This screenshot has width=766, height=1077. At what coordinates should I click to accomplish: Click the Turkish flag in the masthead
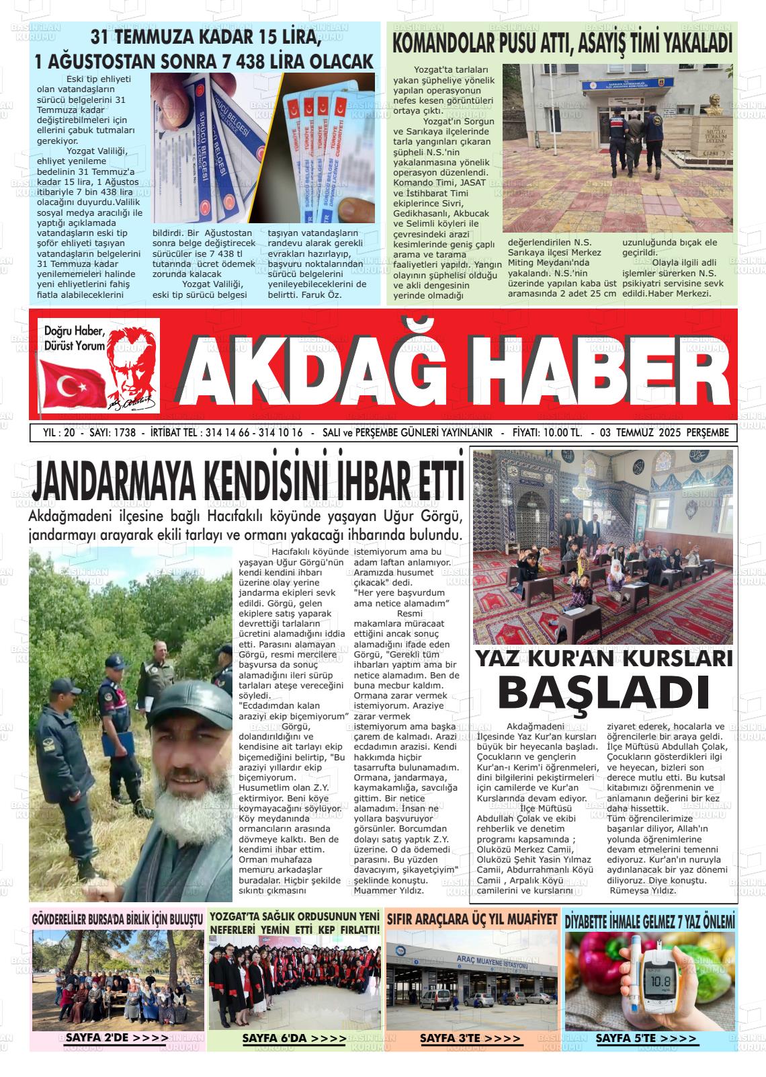pyautogui.click(x=67, y=385)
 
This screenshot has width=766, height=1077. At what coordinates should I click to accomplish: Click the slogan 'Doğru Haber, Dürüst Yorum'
pyautogui.click(x=75, y=338)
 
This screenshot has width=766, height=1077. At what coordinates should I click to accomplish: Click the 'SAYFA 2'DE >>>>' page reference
pyautogui.click(x=117, y=1038)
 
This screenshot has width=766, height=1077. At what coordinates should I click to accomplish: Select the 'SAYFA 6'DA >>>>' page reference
pyautogui.click(x=294, y=1038)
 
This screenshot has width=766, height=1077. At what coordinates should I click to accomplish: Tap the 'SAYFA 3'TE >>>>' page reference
pyautogui.click(x=470, y=1038)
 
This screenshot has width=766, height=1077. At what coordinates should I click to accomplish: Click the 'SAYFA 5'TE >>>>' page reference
pyautogui.click(x=646, y=1038)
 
